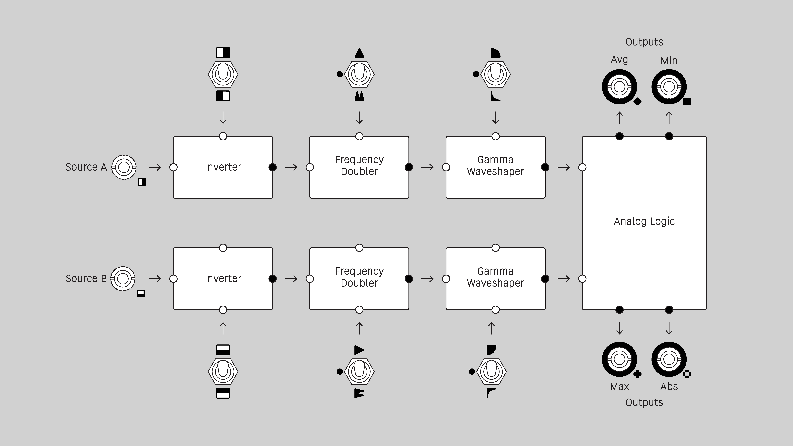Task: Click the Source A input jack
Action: tap(124, 167)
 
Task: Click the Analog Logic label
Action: tap(644, 221)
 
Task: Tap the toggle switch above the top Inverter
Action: tap(223, 74)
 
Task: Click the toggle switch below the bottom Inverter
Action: tap(223, 371)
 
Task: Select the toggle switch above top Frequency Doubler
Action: tap(359, 74)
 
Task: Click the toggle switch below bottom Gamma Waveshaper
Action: tap(491, 371)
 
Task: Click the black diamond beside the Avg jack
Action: tap(637, 101)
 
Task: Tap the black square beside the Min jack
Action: tap(687, 101)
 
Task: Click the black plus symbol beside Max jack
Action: tap(637, 374)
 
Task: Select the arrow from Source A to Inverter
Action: tap(155, 167)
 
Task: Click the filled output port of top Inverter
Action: tap(272, 167)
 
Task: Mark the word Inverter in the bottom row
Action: tap(223, 279)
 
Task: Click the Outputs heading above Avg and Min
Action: tap(644, 42)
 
